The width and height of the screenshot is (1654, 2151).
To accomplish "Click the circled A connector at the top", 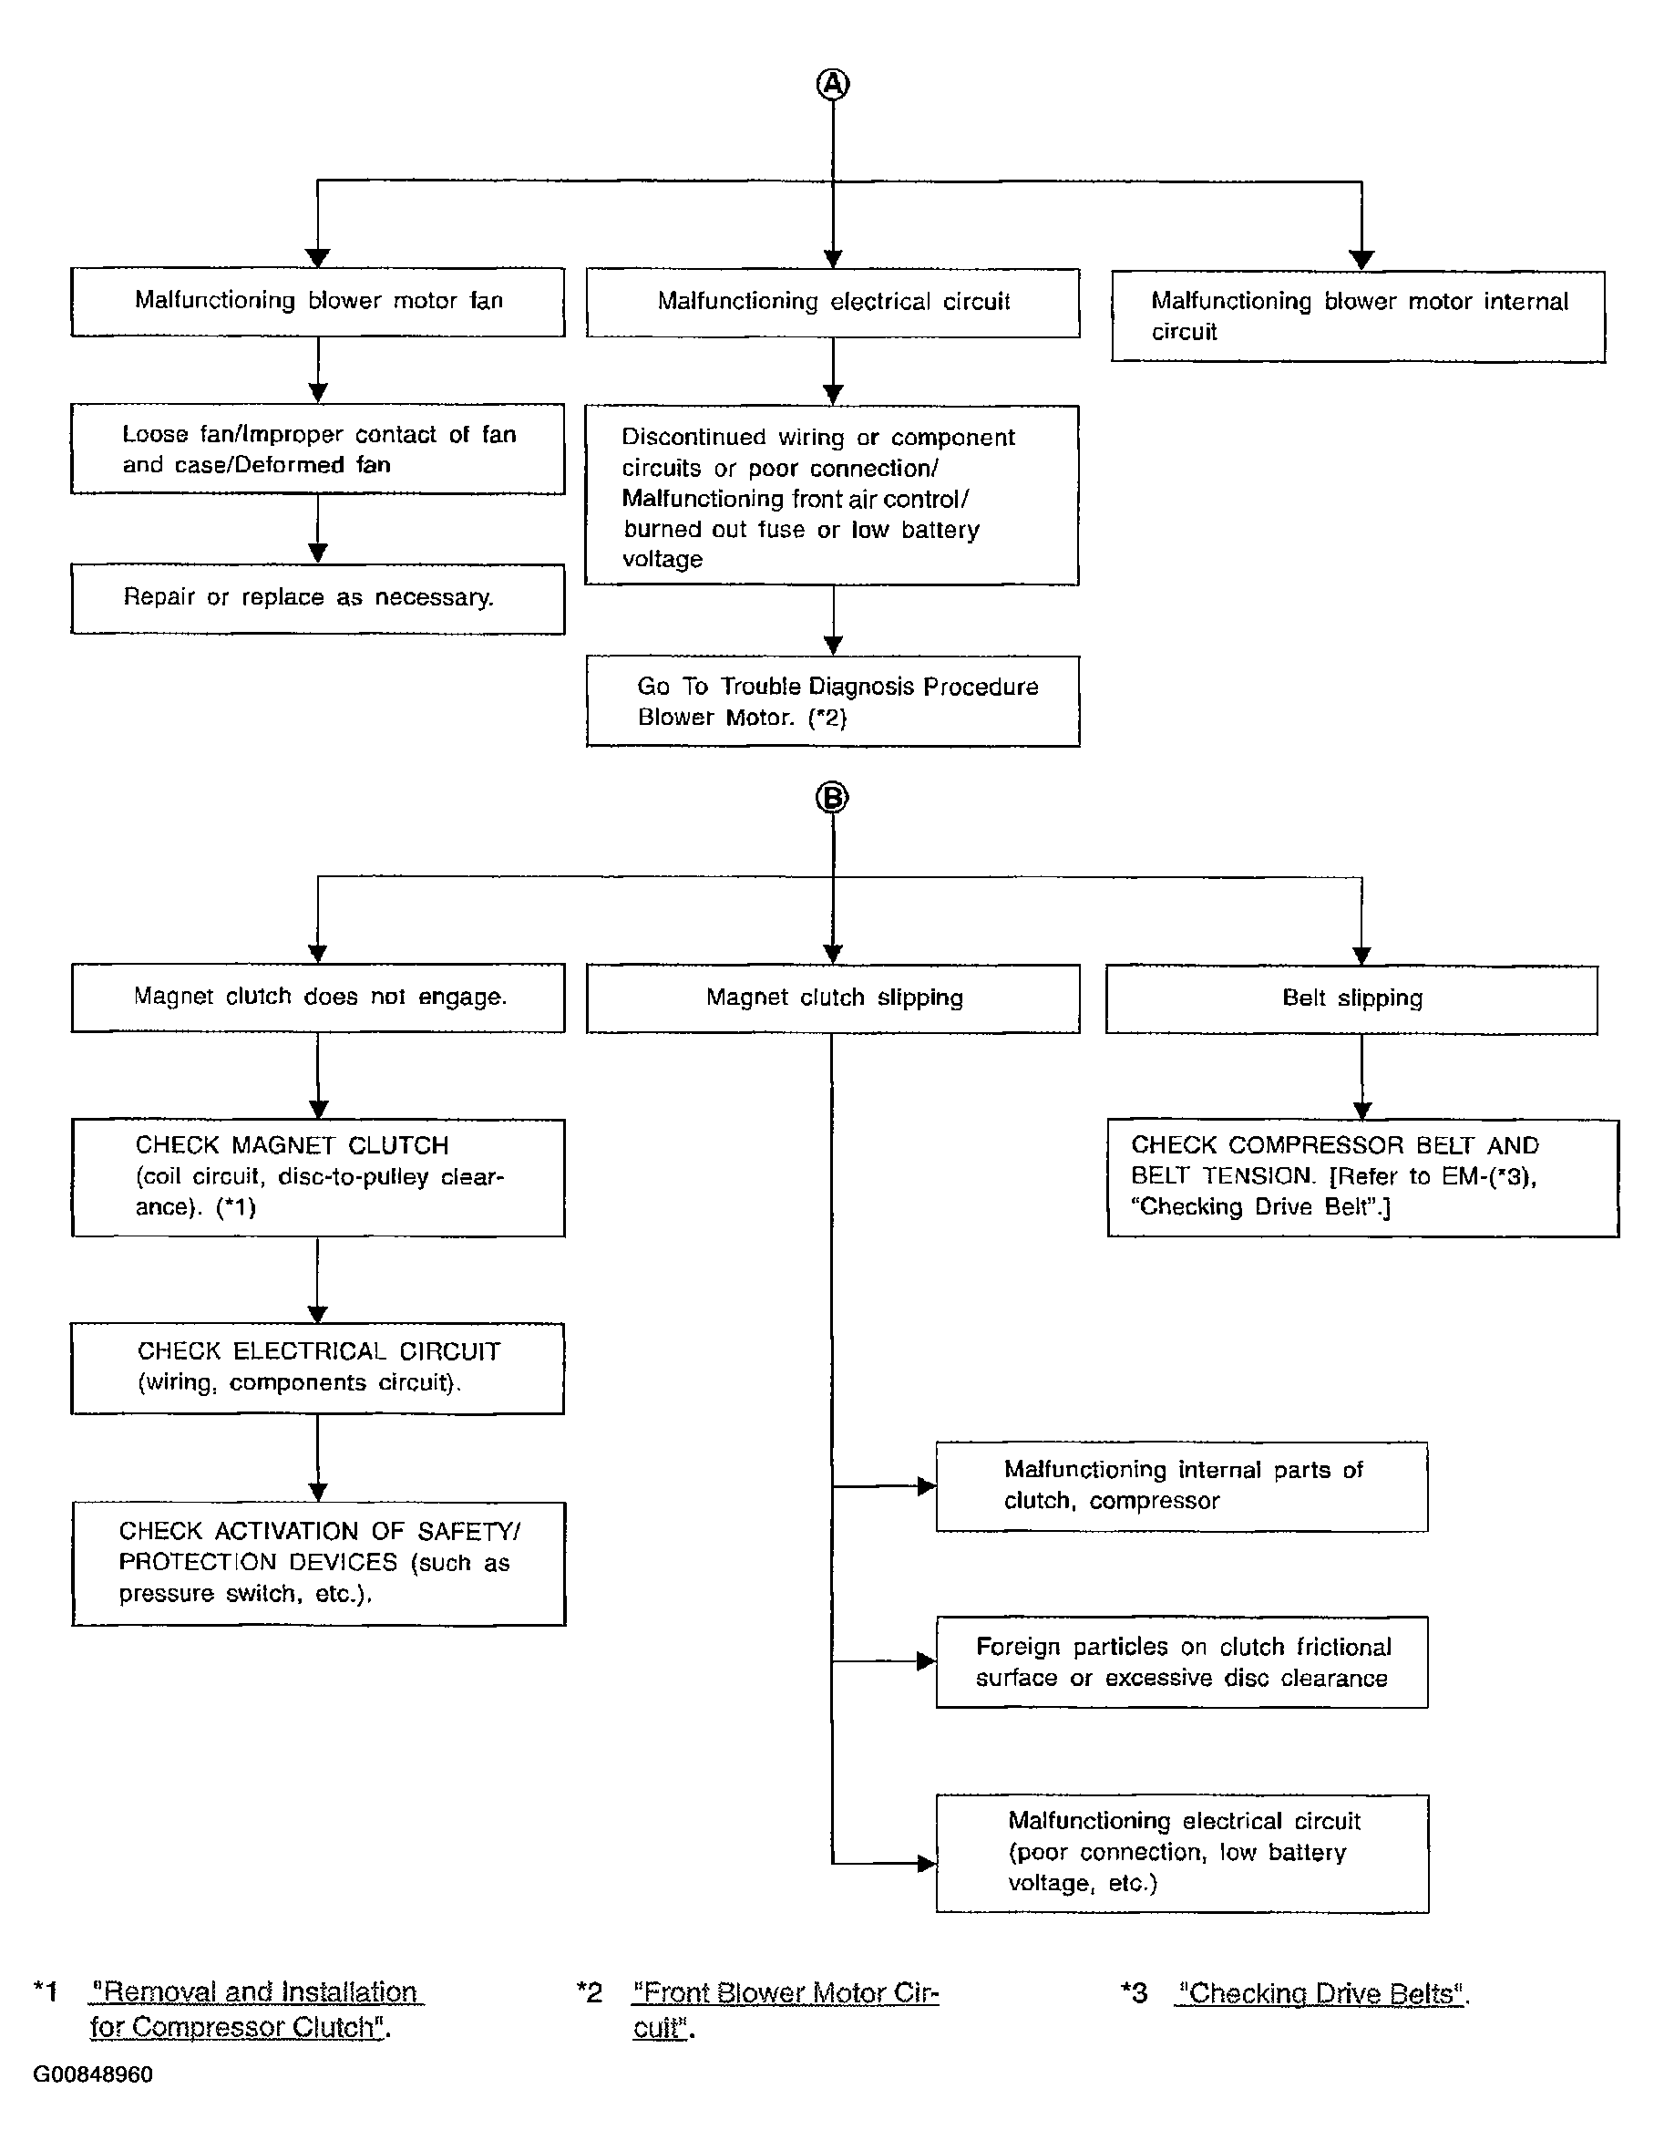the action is [833, 85].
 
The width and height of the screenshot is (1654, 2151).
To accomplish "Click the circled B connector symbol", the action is [833, 797].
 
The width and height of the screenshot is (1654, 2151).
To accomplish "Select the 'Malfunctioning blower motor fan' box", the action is [318, 302].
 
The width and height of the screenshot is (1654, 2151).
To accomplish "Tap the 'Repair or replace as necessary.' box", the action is [318, 599].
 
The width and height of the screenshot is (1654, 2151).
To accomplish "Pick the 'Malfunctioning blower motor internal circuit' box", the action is [1359, 317].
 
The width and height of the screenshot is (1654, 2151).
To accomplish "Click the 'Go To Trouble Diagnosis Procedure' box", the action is [833, 701].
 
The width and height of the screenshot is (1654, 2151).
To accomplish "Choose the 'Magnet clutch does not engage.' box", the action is [318, 998].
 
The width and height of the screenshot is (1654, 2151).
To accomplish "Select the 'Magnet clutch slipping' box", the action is [833, 998].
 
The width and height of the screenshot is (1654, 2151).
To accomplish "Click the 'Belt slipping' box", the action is [1351, 999].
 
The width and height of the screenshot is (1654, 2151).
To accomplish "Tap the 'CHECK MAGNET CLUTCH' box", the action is [318, 1178].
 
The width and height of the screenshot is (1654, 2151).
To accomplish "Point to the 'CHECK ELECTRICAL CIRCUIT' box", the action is [317, 1369].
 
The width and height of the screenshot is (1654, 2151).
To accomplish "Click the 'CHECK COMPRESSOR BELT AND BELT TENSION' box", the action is [1363, 1178].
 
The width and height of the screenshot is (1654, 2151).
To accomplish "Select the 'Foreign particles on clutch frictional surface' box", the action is [1181, 1662].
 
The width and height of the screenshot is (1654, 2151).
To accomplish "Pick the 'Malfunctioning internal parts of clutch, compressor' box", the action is [1181, 1486].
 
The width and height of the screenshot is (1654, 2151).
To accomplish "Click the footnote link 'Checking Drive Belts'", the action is [1322, 1993].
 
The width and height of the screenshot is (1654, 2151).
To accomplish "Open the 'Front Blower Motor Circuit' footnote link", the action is [786, 2009].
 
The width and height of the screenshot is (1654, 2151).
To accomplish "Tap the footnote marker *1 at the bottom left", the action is [46, 1991].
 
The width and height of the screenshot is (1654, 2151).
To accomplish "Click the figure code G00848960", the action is [93, 2075].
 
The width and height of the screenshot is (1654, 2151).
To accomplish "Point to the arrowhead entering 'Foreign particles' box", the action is [927, 1661].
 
